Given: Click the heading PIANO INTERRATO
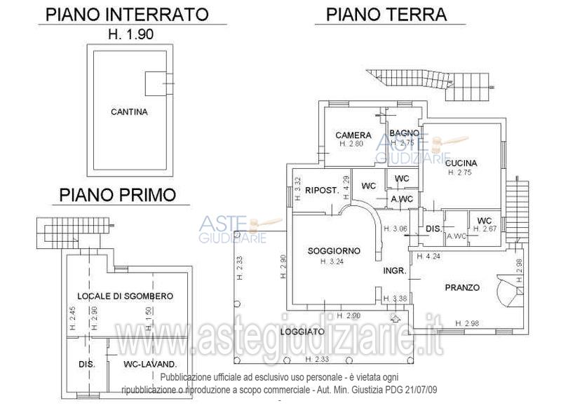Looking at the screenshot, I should coord(127,14).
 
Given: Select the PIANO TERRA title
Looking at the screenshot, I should coord(386,14).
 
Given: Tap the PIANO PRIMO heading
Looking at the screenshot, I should coord(117,194).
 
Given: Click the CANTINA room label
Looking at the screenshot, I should coord(129,111).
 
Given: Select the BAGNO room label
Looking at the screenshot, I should coord(405,133).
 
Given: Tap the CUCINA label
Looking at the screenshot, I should coord(461,163).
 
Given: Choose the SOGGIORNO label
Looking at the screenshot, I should coord(334,251).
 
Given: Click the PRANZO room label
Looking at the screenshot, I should coord(462,287).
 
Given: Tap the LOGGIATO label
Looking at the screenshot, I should coord(303,332).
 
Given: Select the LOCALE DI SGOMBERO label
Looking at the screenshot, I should coord(125,297).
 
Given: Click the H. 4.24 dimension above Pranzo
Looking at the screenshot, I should coord(428,257).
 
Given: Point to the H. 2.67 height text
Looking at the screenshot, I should coord(485,229).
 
